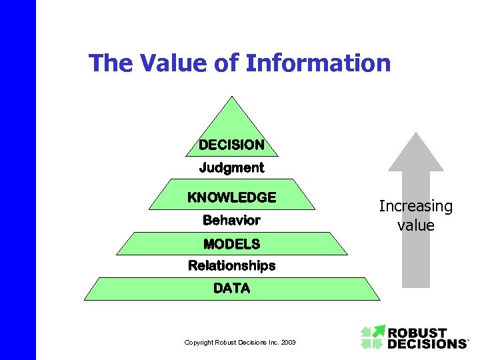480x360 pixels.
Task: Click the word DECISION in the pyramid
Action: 231,145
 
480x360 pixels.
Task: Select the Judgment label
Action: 231,167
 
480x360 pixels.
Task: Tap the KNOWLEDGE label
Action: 231,197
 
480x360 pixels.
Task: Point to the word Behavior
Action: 231,220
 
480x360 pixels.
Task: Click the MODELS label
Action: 231,243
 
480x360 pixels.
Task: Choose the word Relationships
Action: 231,266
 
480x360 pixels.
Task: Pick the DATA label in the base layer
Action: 231,289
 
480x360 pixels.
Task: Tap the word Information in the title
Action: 318,63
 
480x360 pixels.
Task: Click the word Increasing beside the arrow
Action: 415,207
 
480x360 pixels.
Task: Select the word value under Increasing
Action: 415,225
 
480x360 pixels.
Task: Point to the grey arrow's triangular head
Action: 416,153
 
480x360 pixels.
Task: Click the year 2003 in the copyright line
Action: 289,343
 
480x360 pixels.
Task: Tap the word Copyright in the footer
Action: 199,343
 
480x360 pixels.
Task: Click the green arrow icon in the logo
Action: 373,337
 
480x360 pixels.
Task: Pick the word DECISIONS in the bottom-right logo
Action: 427,343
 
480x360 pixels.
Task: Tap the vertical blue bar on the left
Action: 17,180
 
